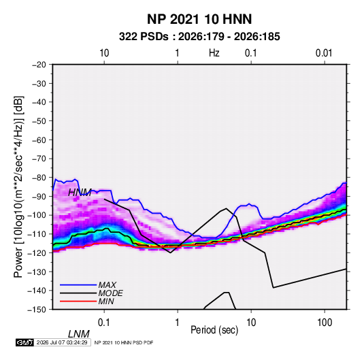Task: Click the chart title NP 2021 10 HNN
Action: [x=199, y=19]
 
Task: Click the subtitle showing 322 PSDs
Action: [x=199, y=37]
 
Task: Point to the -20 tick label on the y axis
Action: [x=39, y=65]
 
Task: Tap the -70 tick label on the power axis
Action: [x=39, y=159]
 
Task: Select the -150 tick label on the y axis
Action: [x=37, y=310]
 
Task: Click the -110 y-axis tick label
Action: [x=37, y=234]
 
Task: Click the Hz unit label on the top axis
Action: [x=214, y=53]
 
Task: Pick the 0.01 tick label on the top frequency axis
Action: [x=324, y=53]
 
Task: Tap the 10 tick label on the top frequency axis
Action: [x=104, y=53]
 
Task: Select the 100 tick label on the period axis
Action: [x=325, y=323]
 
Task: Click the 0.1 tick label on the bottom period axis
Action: [x=104, y=323]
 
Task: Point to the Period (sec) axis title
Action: [x=214, y=330]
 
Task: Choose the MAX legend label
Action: [x=107, y=285]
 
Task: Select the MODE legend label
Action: [x=110, y=293]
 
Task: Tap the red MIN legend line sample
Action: [x=78, y=301]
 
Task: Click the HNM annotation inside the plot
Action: [x=80, y=193]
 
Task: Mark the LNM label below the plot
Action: [x=79, y=334]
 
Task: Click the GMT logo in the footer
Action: [x=24, y=342]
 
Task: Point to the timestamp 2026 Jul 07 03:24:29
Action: [x=62, y=342]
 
